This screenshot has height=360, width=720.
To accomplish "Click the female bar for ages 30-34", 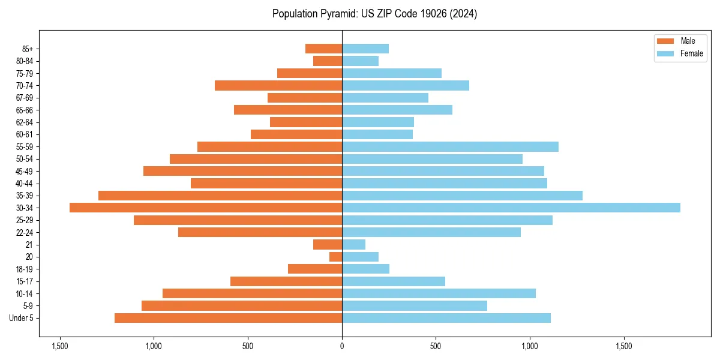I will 511,208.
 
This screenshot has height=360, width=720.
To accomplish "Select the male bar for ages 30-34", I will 206,208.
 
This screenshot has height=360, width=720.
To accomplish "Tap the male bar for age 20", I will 336,257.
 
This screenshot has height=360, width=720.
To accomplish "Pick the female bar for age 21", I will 353,244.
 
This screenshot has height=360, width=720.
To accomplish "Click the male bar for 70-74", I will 278,85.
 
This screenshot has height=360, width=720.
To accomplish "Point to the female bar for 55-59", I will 450,146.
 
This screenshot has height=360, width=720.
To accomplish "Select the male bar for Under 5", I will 228,318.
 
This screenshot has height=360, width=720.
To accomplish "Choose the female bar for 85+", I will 365,49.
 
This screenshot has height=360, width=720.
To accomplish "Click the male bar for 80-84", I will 328,61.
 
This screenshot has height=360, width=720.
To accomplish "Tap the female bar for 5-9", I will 415,305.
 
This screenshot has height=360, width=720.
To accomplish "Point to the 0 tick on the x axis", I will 342,346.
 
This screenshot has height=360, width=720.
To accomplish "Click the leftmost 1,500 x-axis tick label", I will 60,346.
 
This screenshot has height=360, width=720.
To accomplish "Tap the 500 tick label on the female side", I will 436,346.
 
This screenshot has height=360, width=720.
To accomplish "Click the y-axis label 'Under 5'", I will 22,318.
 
